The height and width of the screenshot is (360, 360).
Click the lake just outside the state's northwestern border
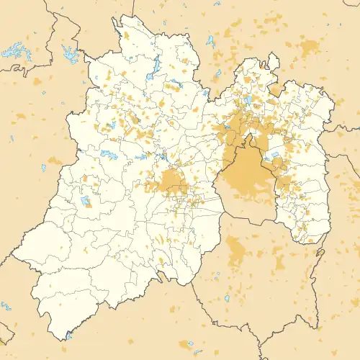(x=70, y=52)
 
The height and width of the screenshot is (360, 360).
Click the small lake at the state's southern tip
(x=69, y=335)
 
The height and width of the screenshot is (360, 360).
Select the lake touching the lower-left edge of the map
(x=6, y=306)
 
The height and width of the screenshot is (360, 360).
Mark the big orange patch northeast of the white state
(x=310, y=48)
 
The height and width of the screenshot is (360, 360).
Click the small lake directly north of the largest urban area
(x=248, y=100)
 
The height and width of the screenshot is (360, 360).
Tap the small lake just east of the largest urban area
(x=274, y=155)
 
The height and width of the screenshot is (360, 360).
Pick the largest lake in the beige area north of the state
(x=210, y=40)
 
